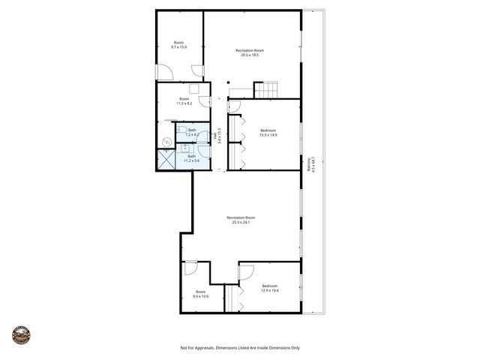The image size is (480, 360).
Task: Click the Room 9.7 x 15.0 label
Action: pyautogui.click(x=178, y=45)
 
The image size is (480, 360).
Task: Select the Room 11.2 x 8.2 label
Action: pyautogui.click(x=184, y=102)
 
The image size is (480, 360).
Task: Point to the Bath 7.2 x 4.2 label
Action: pyautogui.click(x=192, y=133)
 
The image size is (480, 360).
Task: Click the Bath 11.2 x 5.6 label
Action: pyautogui.click(x=191, y=158)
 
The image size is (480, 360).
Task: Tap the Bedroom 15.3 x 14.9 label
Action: pyautogui.click(x=268, y=133)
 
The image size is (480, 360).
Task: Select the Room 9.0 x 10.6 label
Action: pyautogui.click(x=200, y=294)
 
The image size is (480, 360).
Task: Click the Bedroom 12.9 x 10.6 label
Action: pyautogui.click(x=270, y=288)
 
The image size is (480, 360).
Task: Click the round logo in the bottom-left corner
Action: pyautogui.click(x=21, y=334)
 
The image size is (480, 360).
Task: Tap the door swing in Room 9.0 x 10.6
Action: pyautogui.click(x=190, y=267)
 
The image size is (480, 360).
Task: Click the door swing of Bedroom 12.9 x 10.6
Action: pyautogui.click(x=246, y=271)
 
